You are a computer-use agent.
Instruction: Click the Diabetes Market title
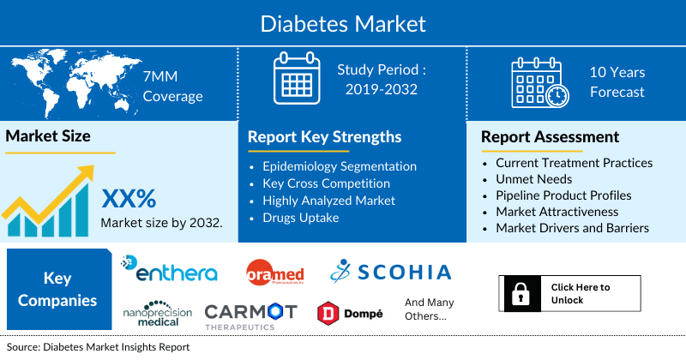tap(343, 22)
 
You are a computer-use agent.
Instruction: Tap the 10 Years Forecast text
tap(617, 82)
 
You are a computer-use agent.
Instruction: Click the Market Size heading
tap(48, 135)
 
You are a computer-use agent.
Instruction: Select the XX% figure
tap(129, 199)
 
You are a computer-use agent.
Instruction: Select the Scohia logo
tap(390, 272)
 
